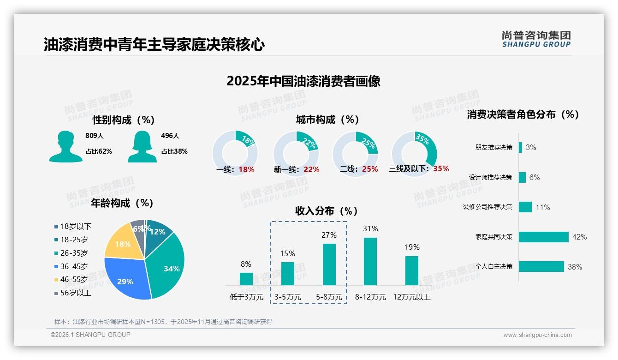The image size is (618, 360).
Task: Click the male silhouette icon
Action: [65, 147]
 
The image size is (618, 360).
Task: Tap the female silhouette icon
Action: [142, 147]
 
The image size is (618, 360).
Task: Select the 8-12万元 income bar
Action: [370, 261]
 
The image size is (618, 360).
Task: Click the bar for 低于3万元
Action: [246, 279]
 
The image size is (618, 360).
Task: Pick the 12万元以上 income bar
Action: [412, 270]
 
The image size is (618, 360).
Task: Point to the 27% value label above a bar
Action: [329, 235]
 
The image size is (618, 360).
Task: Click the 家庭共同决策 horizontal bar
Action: [544, 237]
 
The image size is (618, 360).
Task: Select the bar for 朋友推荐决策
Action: [521, 147]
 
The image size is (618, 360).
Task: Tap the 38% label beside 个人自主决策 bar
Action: [575, 267]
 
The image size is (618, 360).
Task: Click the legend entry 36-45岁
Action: [74, 266]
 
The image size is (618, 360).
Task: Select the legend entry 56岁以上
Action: [76, 293]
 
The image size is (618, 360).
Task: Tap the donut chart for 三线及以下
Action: [414, 151]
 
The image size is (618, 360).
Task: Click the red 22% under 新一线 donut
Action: [311, 170]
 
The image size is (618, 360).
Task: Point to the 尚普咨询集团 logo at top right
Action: [536, 39]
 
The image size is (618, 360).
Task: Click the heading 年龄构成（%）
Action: [122, 203]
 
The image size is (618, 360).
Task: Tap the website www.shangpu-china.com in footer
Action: [537, 335]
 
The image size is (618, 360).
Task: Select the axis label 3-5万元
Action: [288, 297]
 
